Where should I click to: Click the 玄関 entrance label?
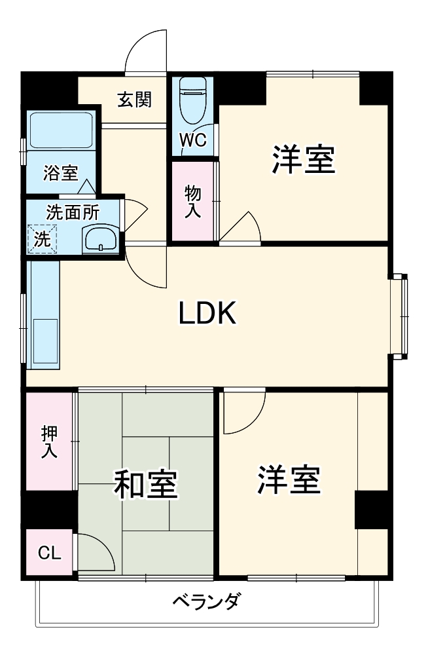[135, 100]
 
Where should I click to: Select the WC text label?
[193, 140]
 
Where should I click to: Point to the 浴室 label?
[60, 174]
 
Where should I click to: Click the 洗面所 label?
[73, 212]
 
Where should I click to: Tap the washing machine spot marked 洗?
[42, 239]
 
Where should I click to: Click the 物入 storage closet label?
[192, 201]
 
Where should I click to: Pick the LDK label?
[207, 315]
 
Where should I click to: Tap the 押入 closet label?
[49, 441]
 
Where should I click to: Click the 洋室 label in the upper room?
[304, 159]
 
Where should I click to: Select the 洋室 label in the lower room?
[288, 480]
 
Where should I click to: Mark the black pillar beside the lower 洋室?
[372, 509]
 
